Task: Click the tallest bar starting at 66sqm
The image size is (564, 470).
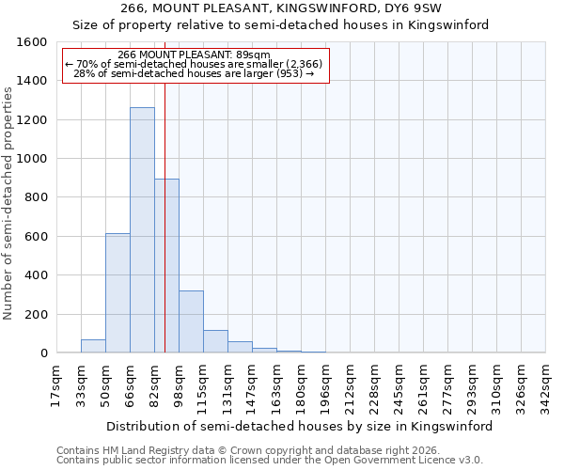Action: (142, 230)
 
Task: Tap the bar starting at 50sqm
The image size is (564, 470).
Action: (117, 293)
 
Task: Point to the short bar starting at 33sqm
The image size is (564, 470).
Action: (93, 346)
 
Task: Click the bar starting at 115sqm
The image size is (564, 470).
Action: (215, 342)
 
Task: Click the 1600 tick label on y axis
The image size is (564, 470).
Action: (32, 42)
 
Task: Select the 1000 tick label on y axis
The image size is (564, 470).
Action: (32, 159)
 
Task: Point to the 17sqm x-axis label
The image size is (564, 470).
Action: (55, 386)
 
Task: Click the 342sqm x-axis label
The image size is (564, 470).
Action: (544, 386)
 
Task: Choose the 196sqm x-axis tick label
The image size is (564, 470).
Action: (324, 386)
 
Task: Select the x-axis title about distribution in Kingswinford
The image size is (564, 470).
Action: (300, 426)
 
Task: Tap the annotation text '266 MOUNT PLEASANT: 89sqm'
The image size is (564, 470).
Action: (195, 55)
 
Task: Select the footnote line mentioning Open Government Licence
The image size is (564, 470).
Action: (270, 461)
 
